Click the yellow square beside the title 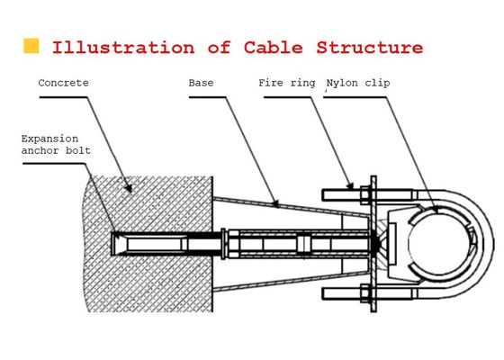click(x=31, y=46)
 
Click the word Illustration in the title click(x=123, y=48)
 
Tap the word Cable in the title click(x=274, y=48)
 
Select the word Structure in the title click(x=370, y=48)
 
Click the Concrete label click(x=63, y=83)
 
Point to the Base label click(x=201, y=83)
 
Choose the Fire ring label click(x=287, y=83)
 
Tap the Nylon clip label click(x=358, y=83)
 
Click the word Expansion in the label click(x=49, y=139)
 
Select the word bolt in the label click(x=78, y=150)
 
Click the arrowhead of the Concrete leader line click(x=129, y=188)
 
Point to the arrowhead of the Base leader click(x=275, y=203)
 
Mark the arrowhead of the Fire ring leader click(x=350, y=185)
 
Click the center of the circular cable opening click(x=439, y=244)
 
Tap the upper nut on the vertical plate click(x=365, y=195)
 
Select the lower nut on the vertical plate click(x=365, y=293)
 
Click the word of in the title click(x=220, y=48)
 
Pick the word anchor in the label click(x=40, y=150)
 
